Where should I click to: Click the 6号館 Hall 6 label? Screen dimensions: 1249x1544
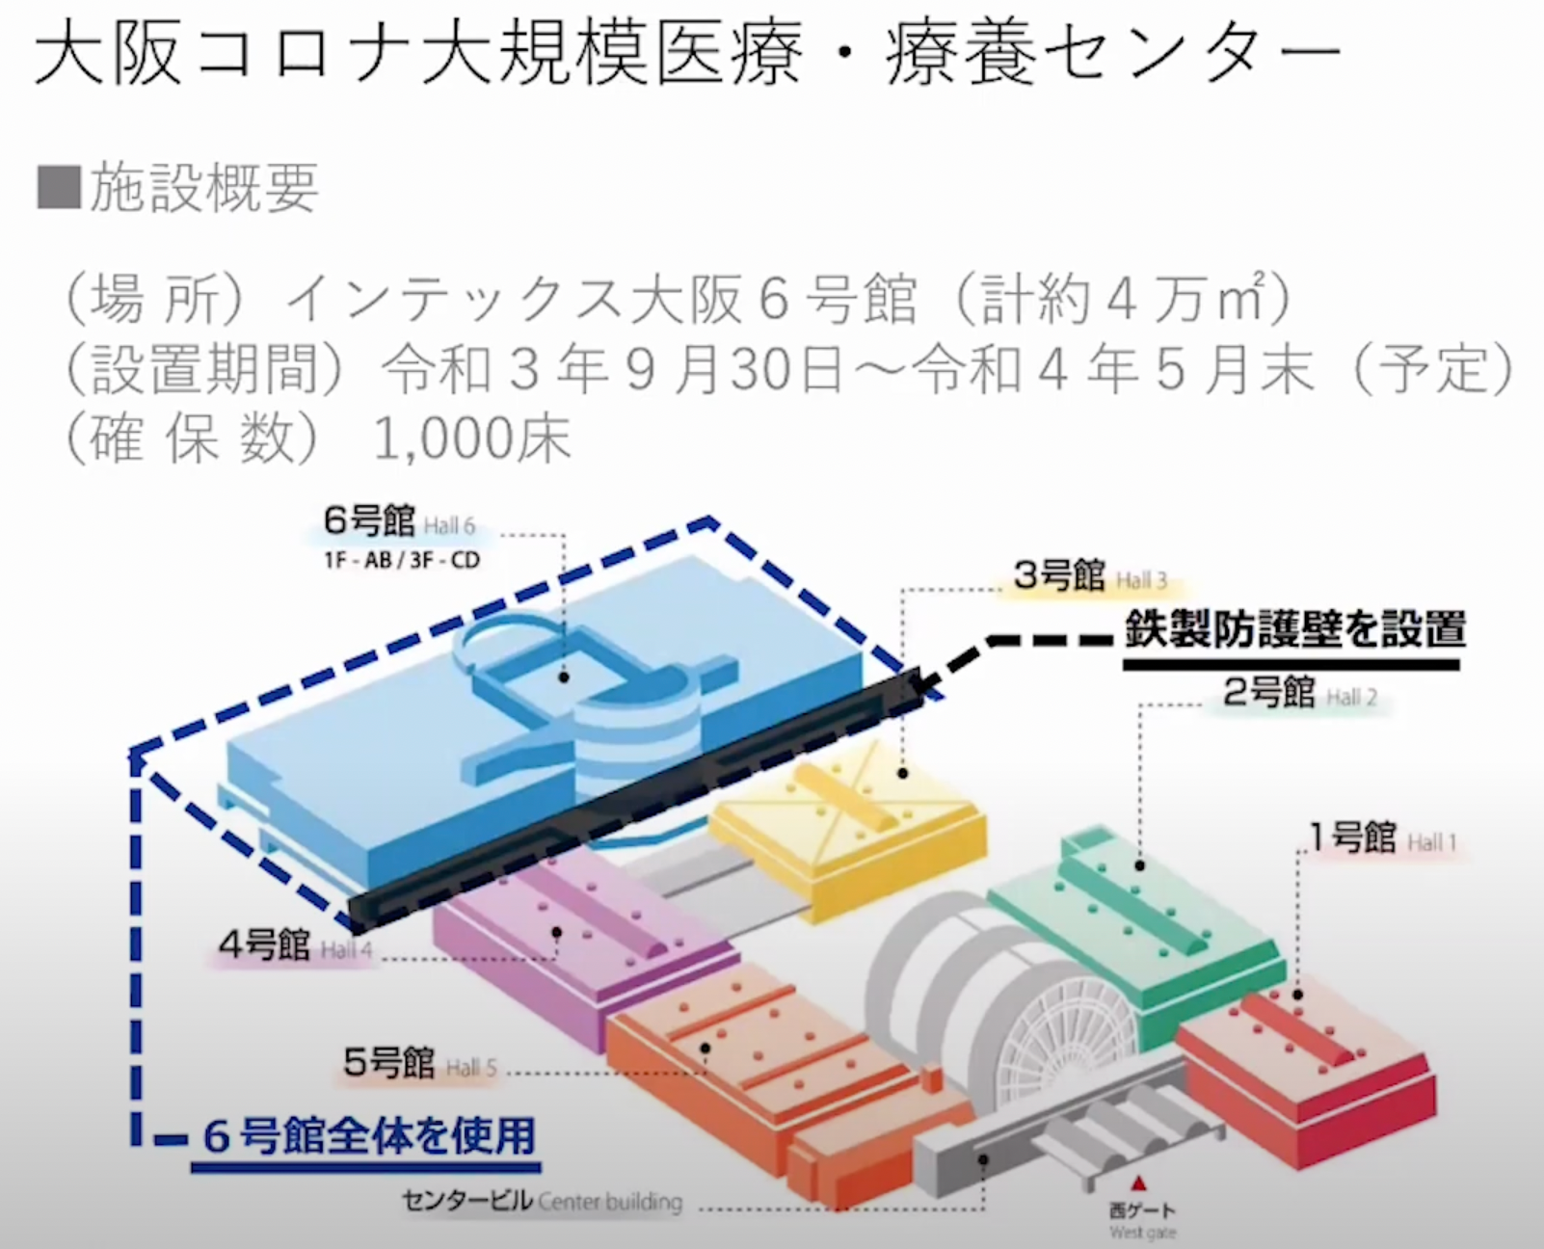399,522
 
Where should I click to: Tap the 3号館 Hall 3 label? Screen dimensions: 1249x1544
1089,577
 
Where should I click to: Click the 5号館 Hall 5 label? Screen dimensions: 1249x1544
419,1064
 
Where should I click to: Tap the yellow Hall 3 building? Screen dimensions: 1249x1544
848,819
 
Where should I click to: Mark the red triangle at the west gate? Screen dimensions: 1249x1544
1140,1183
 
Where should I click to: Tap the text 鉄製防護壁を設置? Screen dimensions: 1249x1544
1294,630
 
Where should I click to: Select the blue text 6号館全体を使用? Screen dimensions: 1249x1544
369,1136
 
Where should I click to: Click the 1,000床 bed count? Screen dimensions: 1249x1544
471,440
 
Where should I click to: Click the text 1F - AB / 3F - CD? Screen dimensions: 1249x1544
401,560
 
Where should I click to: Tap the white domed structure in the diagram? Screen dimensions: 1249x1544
973,1002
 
